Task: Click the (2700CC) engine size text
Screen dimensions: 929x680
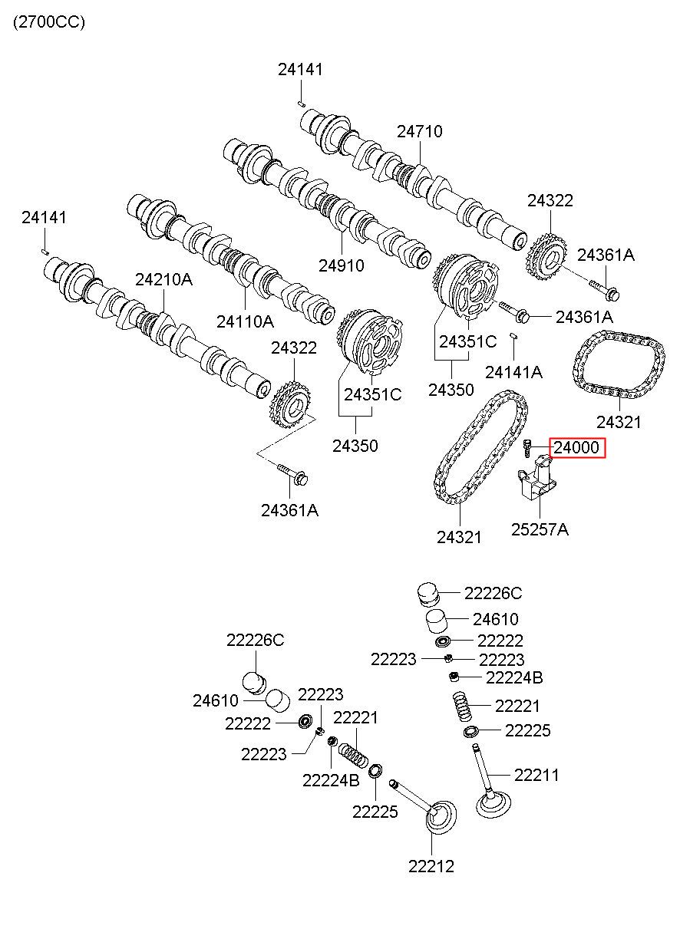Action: pos(48,22)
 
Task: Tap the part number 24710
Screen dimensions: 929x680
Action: pos(420,131)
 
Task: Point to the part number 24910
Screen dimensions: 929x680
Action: pos(342,265)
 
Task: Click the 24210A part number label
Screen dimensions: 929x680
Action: pos(163,280)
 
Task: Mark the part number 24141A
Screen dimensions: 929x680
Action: pos(513,372)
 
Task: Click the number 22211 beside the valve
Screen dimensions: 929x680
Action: pos(536,776)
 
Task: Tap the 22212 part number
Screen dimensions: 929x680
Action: pos(431,867)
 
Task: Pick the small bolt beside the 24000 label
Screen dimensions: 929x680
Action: pos(527,446)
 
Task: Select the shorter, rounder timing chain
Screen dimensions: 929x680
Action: pos(619,364)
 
